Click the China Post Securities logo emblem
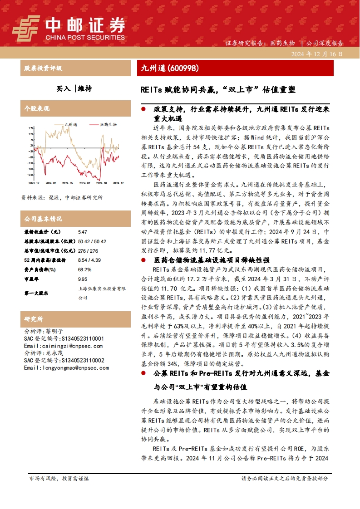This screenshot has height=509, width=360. tap(26, 27)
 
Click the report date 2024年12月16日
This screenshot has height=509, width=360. tap(317, 54)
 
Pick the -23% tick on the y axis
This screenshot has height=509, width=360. tap(30, 175)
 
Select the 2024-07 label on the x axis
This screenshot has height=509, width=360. tap(85, 183)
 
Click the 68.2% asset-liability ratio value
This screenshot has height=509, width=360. tap(85, 269)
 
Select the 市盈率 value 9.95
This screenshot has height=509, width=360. tap(83, 279)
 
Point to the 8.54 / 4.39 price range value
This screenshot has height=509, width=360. tap(89, 260)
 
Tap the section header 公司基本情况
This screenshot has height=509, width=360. tap(43, 219)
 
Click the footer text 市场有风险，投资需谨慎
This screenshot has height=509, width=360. tap(59, 478)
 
